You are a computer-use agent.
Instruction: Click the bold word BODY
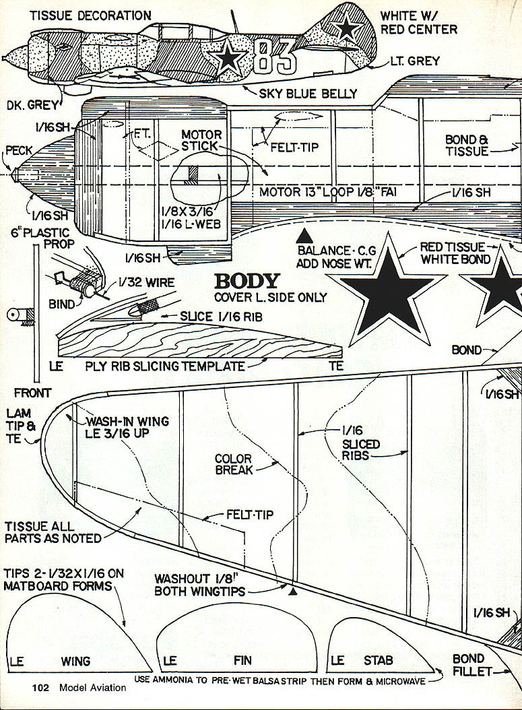[x=246, y=282]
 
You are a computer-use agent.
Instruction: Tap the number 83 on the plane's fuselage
[x=275, y=57]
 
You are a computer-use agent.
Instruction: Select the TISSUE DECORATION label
[x=91, y=15]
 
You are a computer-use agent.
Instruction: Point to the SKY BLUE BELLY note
[x=308, y=93]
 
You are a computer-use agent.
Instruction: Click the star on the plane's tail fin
[x=348, y=28]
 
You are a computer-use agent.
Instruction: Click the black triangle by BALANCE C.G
[x=304, y=236]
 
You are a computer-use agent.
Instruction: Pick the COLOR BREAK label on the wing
[x=234, y=464]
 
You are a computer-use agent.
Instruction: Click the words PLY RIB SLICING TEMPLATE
[x=165, y=366]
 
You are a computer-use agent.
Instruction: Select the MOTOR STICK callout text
[x=201, y=140]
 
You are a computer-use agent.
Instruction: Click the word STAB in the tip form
[x=378, y=661]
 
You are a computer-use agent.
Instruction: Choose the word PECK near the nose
[x=18, y=150]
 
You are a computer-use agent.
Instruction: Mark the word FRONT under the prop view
[x=32, y=393]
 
